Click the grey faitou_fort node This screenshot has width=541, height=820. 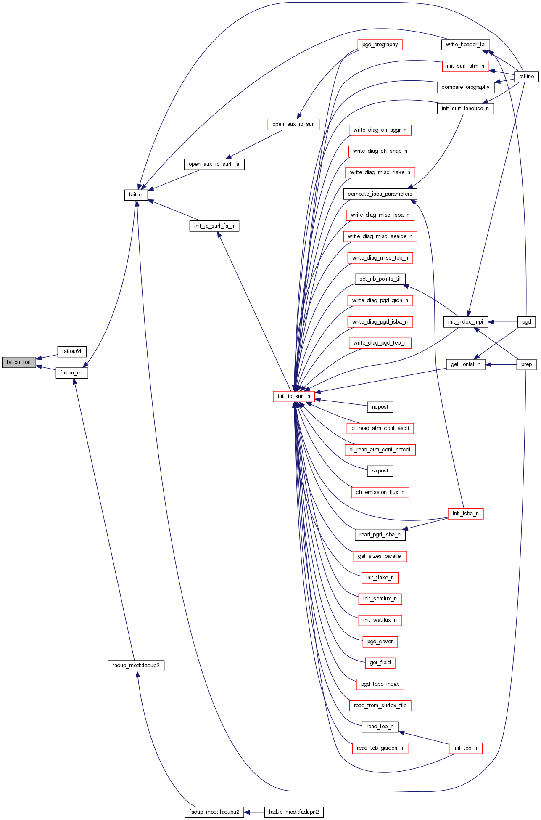coord(19,362)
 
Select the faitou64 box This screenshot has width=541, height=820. coord(71,351)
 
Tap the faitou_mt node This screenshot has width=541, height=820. coord(71,373)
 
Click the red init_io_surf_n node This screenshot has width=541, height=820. coord(294,396)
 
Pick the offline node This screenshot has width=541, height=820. coord(526,77)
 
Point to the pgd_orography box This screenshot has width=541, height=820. coord(380,45)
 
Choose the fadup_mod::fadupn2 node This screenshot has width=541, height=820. coord(293,812)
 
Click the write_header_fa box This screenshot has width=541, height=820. coord(465,45)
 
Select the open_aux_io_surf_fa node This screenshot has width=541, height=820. coord(214,164)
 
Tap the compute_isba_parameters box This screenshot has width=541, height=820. coord(380,194)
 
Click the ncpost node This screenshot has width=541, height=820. coord(380,407)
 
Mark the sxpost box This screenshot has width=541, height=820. coord(380,471)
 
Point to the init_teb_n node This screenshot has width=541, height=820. coord(465,748)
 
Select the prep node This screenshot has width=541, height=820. coord(526,364)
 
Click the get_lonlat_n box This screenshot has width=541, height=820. coord(465,364)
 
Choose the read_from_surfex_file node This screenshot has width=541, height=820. coord(380,706)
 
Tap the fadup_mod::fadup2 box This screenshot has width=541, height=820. coord(136,666)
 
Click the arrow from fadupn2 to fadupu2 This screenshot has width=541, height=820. coord(254,812)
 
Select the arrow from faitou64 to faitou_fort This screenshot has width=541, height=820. coord(47,357)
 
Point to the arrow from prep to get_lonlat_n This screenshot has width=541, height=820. coord(501,364)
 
